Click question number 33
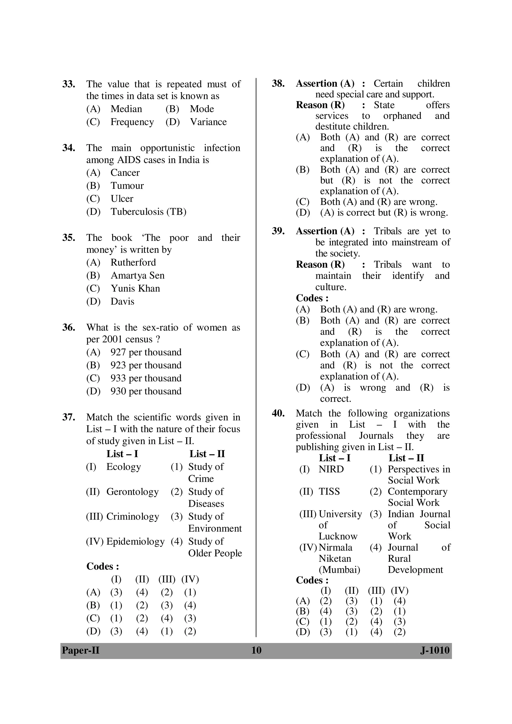[68, 84]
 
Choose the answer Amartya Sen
[137, 275]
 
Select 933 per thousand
[146, 378]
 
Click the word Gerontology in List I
[132, 492]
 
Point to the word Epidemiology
[135, 541]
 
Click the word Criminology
[132, 517]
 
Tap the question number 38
[278, 83]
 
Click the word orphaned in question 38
[402, 116]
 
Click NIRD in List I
[331, 469]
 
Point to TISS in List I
[329, 492]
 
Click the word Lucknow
[338, 536]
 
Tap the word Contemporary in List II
[417, 492]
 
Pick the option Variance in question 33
[208, 122]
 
